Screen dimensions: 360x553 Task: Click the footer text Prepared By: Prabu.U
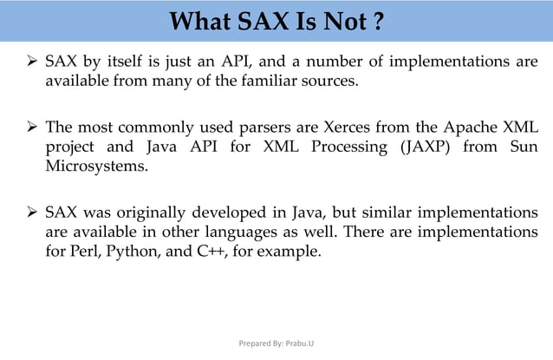[x=276, y=343]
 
